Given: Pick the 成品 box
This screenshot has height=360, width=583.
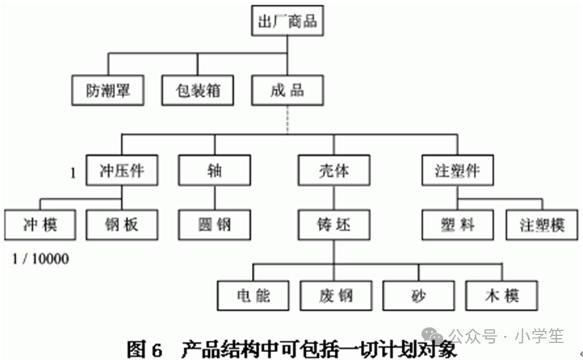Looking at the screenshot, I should coord(287,90).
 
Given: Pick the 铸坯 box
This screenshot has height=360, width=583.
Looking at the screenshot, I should coord(333,224).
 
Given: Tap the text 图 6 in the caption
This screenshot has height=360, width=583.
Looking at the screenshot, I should coord(145,349).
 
